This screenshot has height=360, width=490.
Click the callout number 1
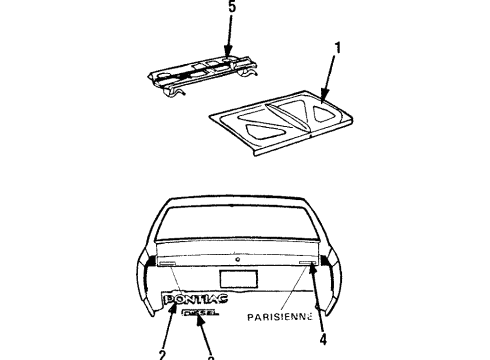pyautogui.click(x=336, y=46)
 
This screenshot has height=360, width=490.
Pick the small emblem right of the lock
pyautogui.click(x=306, y=265)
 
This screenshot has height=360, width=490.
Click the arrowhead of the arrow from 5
pyautogui.click(x=228, y=58)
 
